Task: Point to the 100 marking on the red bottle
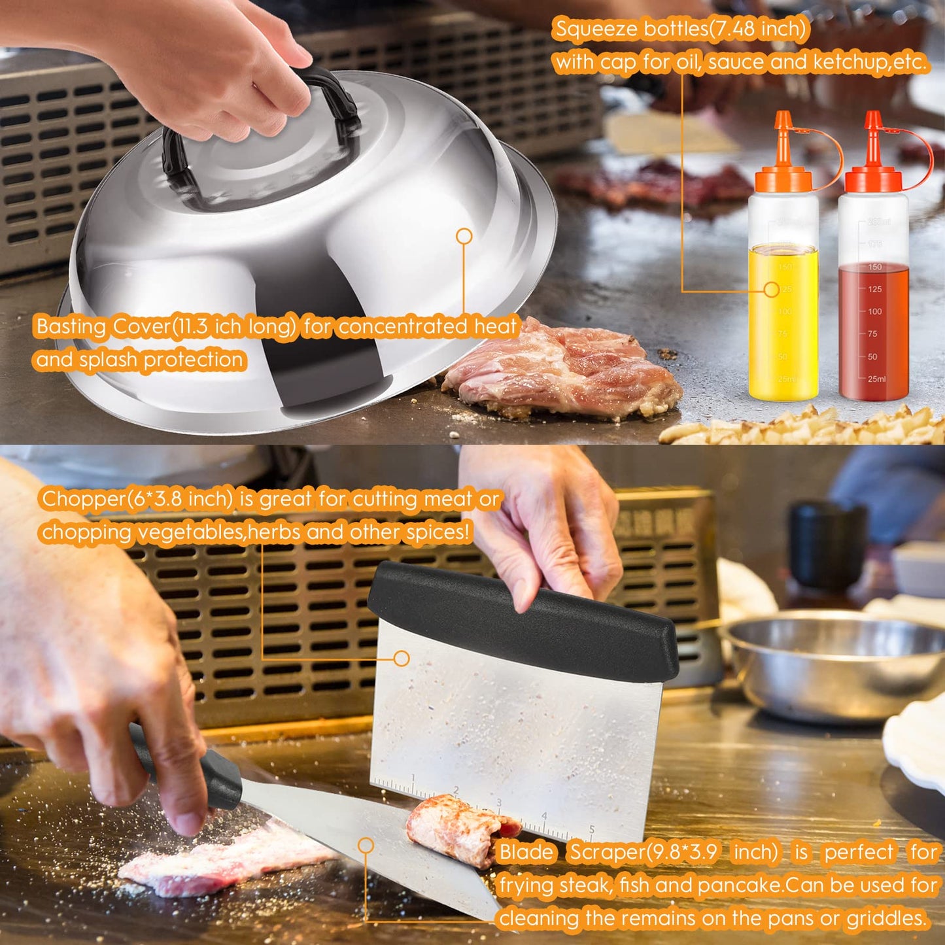click(874, 312)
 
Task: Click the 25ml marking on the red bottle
click(877, 379)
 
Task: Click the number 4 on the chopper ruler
click(543, 816)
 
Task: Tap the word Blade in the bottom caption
click(526, 852)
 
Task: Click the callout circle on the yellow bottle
click(772, 289)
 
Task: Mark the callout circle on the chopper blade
click(402, 659)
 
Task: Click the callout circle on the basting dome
click(464, 237)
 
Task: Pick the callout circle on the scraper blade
click(366, 846)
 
